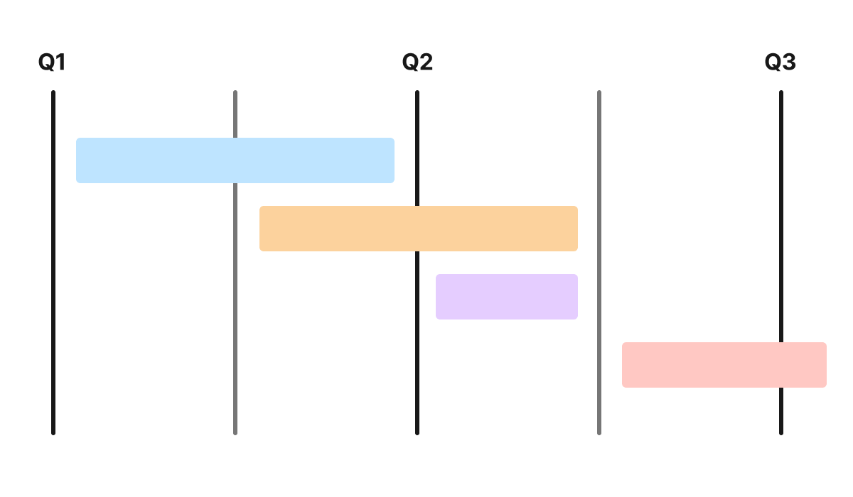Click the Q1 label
tap(51, 63)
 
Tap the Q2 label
tap(417, 63)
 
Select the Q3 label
tap(780, 63)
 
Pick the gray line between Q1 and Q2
tap(235, 319)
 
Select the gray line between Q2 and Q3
tap(599, 177)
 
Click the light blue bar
tap(235, 160)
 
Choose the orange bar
tap(419, 229)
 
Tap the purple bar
tap(507, 297)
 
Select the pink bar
tap(724, 365)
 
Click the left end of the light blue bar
tap(78, 160)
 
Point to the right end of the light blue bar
tap(392, 160)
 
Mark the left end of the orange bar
tap(262, 229)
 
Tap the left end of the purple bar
tap(438, 297)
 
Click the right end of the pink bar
tap(825, 365)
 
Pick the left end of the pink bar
tap(624, 365)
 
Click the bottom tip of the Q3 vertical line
tap(781, 433)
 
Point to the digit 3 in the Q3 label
tap(789, 63)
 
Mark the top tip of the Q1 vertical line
tap(53, 92)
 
